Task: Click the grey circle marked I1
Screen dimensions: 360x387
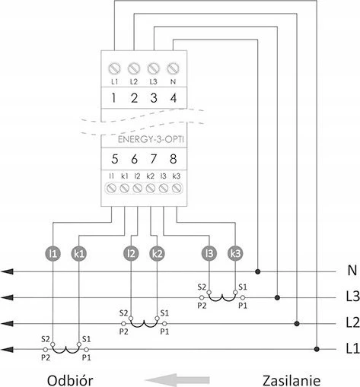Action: point(53,253)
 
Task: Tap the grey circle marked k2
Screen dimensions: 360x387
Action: point(158,253)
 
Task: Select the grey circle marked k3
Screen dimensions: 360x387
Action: point(235,253)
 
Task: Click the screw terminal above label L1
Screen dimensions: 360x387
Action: point(114,68)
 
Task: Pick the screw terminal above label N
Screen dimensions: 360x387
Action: point(174,68)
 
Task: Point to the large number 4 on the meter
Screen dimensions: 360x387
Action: point(174,98)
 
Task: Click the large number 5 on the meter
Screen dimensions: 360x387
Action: point(115,159)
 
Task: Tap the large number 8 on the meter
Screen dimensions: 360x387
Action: point(174,159)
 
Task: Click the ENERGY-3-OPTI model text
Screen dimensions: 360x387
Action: point(151,140)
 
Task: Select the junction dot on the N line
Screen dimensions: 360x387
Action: point(258,272)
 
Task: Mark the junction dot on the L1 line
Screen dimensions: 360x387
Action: point(317,349)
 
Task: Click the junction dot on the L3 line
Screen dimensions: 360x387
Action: point(277,297)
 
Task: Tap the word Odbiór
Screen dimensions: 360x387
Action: point(70,380)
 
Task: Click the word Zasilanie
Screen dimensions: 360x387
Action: point(292,380)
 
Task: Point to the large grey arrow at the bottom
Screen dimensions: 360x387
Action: point(177,380)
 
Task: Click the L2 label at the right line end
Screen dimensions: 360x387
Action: point(352,322)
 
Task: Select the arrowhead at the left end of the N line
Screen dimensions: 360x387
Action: point(7,271)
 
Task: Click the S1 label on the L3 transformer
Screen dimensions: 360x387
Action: point(243,287)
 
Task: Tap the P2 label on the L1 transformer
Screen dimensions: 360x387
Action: point(46,357)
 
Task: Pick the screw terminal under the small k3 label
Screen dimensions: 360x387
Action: point(177,189)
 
